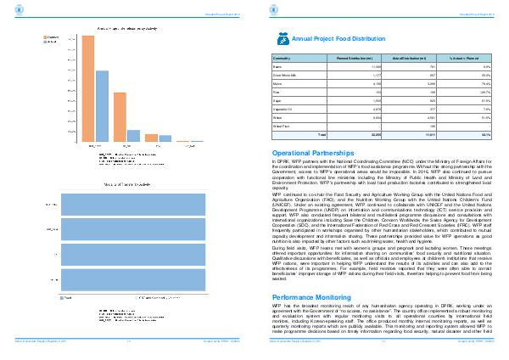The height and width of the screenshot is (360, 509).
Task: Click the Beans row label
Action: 277,66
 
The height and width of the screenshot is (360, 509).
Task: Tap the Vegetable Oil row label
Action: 282,110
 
